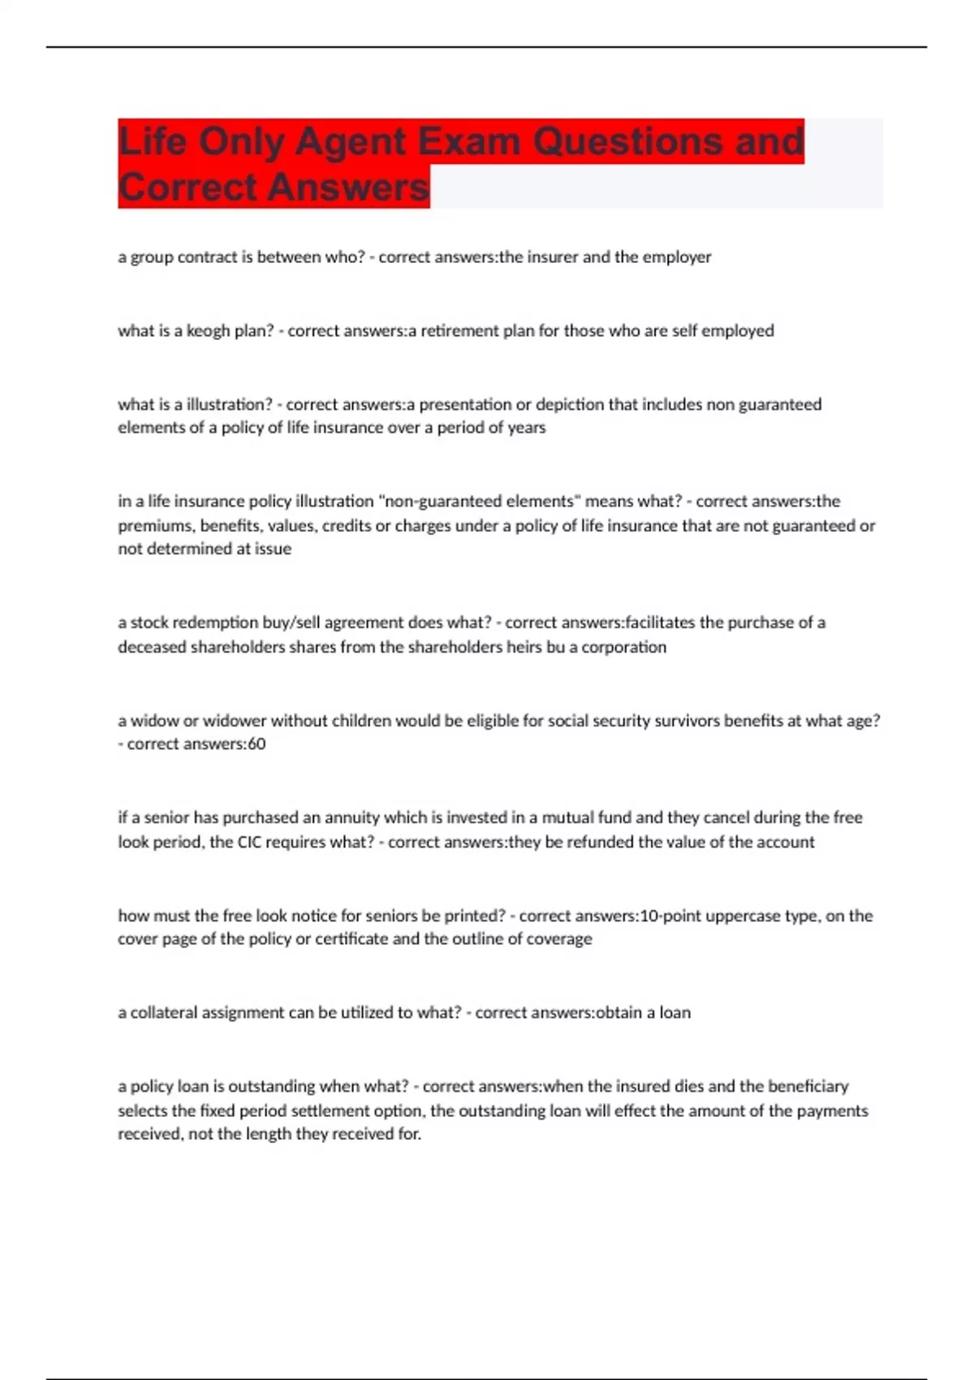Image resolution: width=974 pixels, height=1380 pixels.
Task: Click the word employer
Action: pyautogui.click(x=677, y=257)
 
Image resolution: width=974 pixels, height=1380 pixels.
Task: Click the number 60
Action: pyautogui.click(x=256, y=744)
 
